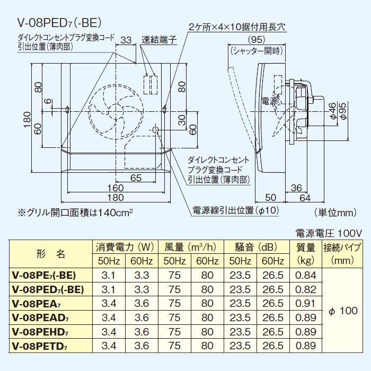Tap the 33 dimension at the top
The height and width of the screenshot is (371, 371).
[126, 40]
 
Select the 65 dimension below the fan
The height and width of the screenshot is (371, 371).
[136, 178]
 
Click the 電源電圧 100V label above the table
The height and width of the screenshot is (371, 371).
[328, 233]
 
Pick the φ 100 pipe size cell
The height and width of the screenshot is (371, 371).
[343, 311]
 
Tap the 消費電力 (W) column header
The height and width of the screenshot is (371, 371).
[125, 247]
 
